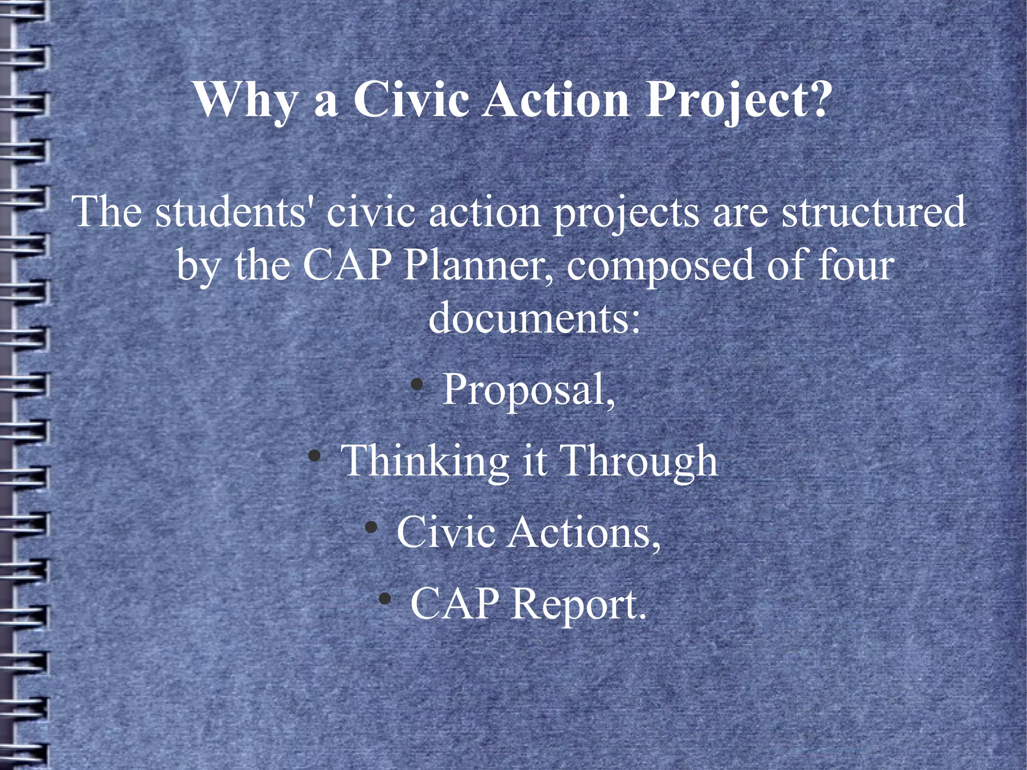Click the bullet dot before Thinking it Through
point(314,456)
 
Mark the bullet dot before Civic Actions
point(371,527)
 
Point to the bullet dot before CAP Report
point(385,598)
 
